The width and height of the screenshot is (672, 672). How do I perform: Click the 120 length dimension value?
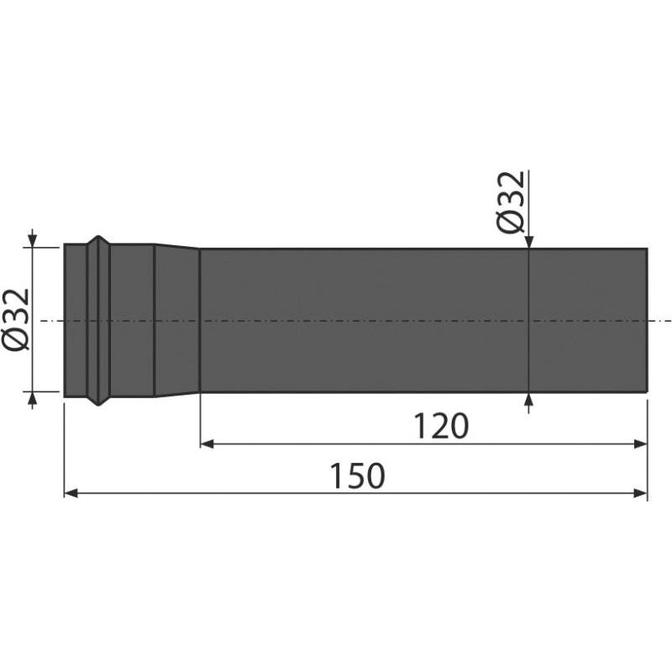click(x=441, y=427)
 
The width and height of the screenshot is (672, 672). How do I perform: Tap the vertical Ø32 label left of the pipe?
click(x=17, y=320)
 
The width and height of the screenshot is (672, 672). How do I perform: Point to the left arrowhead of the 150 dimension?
click(x=71, y=493)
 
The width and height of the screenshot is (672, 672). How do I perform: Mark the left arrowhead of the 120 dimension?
click(x=207, y=444)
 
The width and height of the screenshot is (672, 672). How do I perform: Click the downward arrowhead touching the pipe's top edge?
click(x=528, y=243)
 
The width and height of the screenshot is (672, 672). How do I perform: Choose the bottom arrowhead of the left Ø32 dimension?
click(x=32, y=398)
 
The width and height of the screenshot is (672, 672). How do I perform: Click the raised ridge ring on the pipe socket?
click(x=99, y=320)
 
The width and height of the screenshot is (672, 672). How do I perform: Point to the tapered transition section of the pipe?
click(x=176, y=320)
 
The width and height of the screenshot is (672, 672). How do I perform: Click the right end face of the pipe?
click(x=646, y=320)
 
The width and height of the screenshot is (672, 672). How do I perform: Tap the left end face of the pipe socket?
click(x=66, y=320)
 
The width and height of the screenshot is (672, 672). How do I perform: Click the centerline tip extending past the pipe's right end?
click(x=669, y=320)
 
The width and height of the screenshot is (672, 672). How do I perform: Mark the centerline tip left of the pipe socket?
click(x=44, y=320)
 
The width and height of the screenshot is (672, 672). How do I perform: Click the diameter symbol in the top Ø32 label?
click(x=512, y=223)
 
